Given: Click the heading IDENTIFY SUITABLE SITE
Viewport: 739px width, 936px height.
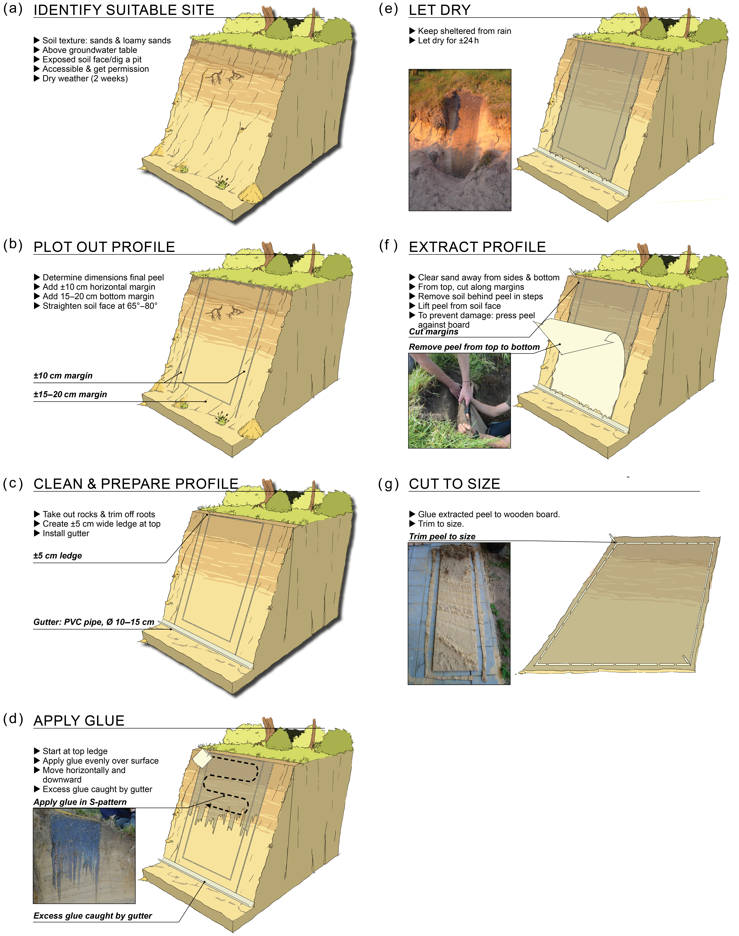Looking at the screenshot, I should pos(124,10).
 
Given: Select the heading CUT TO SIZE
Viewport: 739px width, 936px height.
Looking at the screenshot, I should pos(454,484).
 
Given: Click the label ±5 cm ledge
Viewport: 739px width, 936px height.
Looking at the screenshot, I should pos(58,556).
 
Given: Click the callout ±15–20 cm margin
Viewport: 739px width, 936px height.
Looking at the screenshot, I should pos(70,394).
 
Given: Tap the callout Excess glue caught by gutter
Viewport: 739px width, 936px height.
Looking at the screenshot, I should pos(93,916).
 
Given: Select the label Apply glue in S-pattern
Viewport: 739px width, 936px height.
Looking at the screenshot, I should pos(80,802).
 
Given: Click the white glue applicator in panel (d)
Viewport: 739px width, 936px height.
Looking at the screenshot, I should pos(202,758).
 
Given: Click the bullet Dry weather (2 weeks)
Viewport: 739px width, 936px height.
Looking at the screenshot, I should pos(85,78).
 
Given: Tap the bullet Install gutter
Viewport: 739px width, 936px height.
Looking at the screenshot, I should pos(66,533).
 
